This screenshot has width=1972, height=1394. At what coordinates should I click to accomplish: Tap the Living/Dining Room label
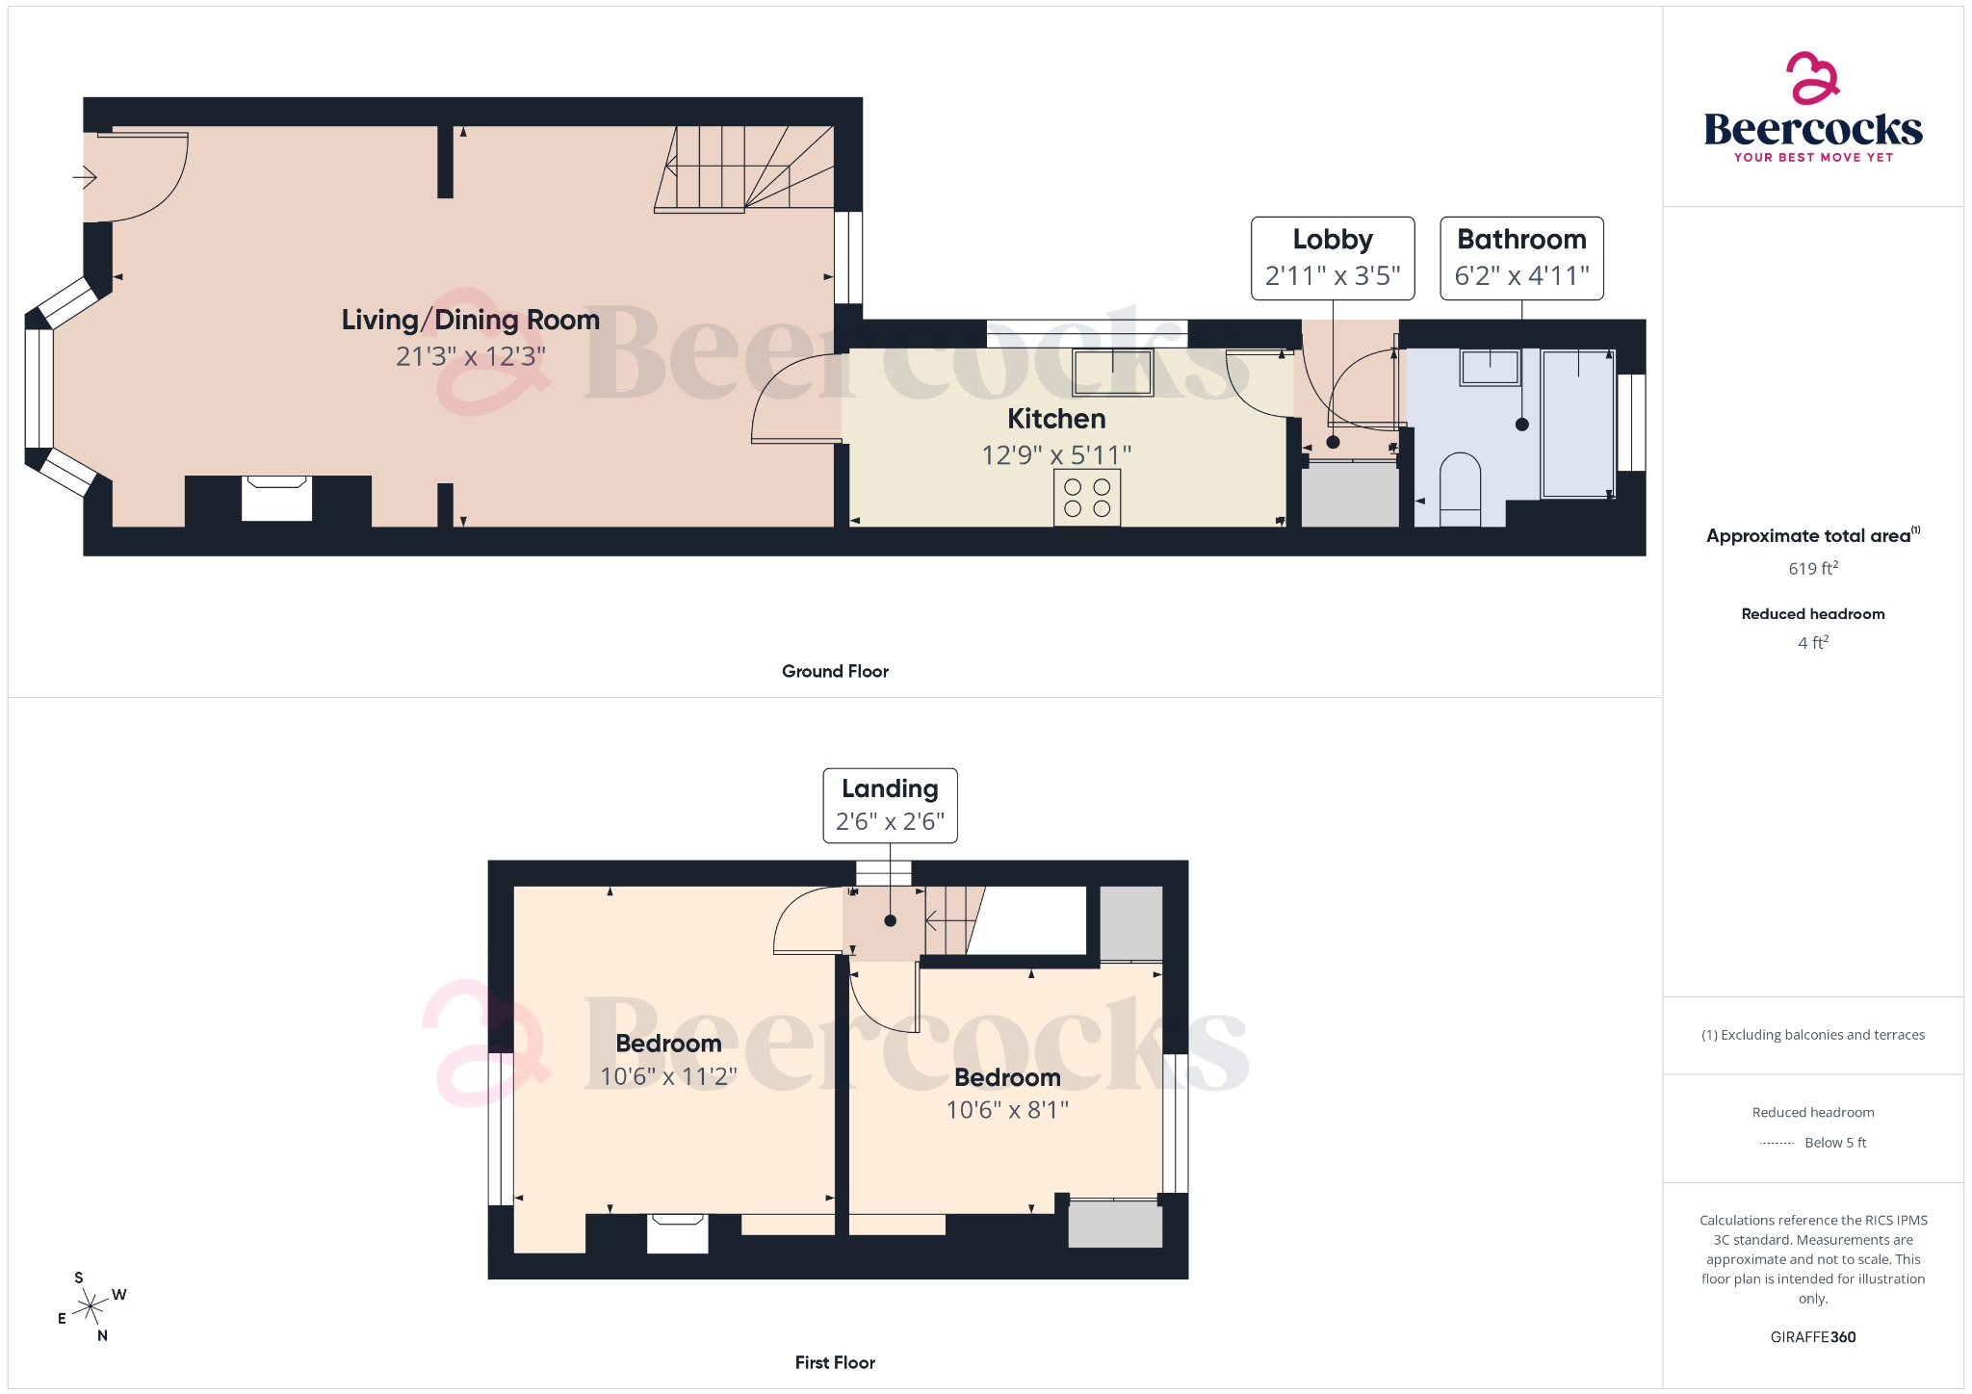(470, 320)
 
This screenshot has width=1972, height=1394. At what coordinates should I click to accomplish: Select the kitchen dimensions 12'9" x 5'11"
(1056, 454)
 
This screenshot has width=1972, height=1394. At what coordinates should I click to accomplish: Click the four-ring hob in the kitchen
(1087, 498)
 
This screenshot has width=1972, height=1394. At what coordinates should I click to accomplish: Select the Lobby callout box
(1333, 258)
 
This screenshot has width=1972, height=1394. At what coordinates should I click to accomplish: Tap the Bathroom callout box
(1521, 258)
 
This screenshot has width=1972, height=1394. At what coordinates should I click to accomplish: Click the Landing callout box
(890, 805)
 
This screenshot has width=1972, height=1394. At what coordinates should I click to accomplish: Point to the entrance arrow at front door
(85, 177)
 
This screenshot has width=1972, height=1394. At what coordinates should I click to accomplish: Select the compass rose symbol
(91, 1306)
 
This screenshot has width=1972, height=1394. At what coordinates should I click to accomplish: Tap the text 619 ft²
(1812, 568)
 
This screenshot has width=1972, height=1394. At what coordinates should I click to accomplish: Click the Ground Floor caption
(835, 671)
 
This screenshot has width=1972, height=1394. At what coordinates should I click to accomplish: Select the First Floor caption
(835, 1362)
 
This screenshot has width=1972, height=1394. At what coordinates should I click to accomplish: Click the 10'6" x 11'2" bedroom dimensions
(668, 1076)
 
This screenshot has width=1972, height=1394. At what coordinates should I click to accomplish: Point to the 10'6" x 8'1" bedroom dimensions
(1007, 1110)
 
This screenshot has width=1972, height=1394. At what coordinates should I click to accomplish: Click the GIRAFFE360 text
(1812, 1337)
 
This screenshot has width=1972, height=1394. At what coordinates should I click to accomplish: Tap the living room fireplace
(276, 499)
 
